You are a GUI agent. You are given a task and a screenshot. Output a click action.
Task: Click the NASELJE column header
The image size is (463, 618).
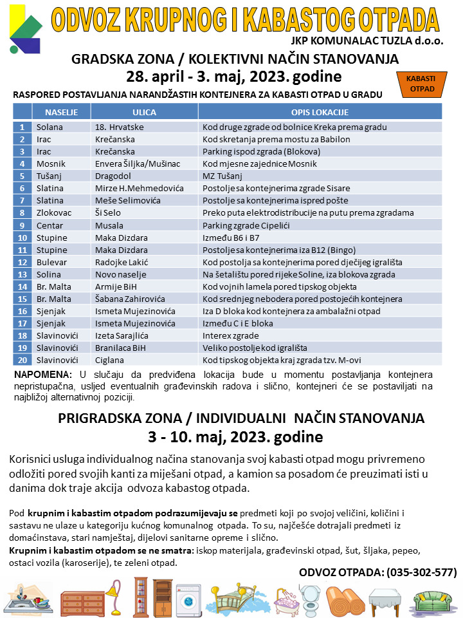tap(62, 112)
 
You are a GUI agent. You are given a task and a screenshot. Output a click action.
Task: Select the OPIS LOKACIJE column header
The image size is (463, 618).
tap(320, 112)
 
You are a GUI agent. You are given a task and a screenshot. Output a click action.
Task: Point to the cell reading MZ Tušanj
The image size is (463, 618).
tap(222, 176)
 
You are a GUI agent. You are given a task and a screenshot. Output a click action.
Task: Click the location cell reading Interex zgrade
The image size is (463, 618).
tap(230, 335)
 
